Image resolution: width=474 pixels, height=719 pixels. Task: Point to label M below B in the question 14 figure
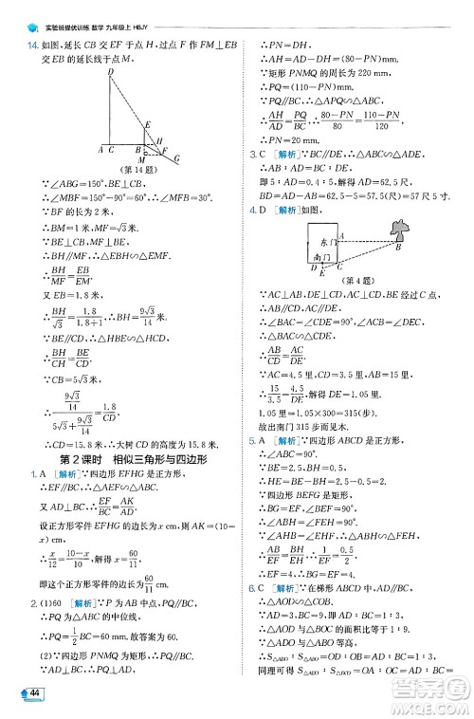(143, 162)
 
